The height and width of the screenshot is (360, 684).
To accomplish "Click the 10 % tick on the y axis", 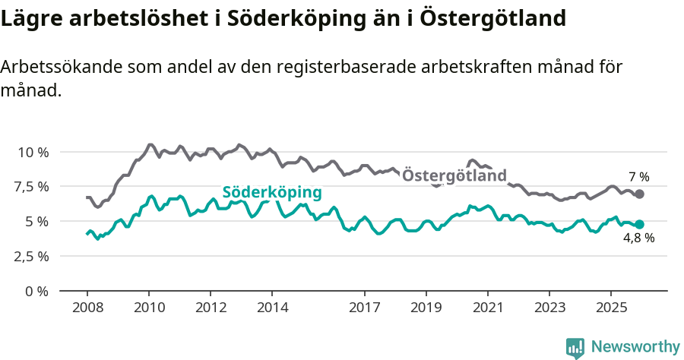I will coord(33,152).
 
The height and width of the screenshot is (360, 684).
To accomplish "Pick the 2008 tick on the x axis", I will coord(87,308).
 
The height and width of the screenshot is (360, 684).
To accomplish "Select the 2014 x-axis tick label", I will coord(272,308).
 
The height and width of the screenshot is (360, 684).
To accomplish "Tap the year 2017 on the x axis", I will coord(365,308).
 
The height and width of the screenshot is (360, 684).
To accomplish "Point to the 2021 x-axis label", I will coord(487,308).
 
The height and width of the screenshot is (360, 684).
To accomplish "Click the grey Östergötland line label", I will coord(454,176).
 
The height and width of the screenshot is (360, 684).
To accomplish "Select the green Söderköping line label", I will coord(271,192).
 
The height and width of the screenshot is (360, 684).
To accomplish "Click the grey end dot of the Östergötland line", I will coord(640,194).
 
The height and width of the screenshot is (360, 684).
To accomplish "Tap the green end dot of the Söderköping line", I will coord(640,224).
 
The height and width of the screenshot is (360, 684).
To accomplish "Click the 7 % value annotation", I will coord(638,177).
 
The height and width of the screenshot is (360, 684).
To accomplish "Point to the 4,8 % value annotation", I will coord(638,238).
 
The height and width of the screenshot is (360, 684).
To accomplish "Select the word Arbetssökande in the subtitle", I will coord(52,67).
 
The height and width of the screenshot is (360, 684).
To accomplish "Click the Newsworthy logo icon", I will coord(575,347).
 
